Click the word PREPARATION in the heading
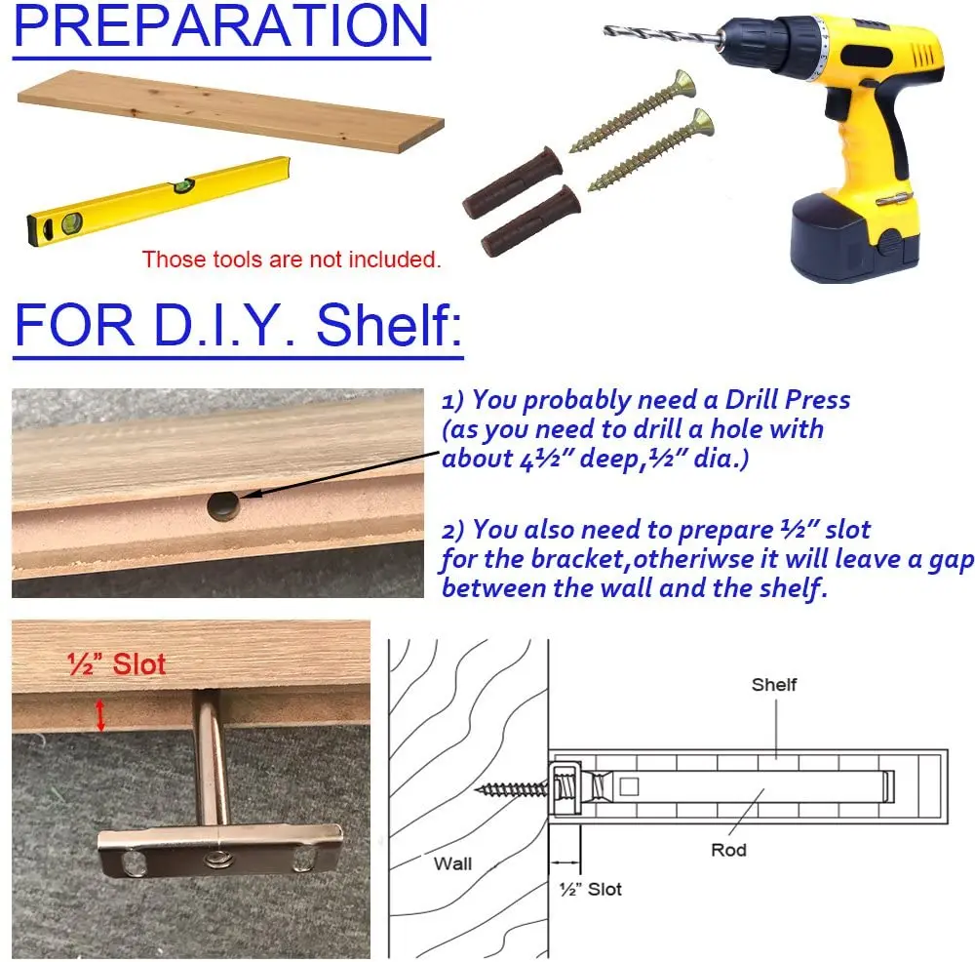tap(220, 25)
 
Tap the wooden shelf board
tap(230, 111)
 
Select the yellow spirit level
tap(159, 200)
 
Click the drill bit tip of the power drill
tap(606, 29)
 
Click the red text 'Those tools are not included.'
tap(292, 260)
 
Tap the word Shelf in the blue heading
tap(389, 325)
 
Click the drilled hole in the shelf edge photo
tap(224, 506)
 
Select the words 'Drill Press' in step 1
tap(788, 399)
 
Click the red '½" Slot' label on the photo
tap(116, 664)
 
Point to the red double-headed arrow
tap(100, 715)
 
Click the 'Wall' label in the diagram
tap(452, 863)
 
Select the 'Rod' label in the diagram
tap(728, 850)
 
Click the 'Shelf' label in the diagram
tap(774, 685)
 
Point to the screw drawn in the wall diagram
tap(512, 790)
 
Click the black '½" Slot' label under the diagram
tap(591, 889)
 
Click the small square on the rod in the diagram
tap(629, 786)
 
